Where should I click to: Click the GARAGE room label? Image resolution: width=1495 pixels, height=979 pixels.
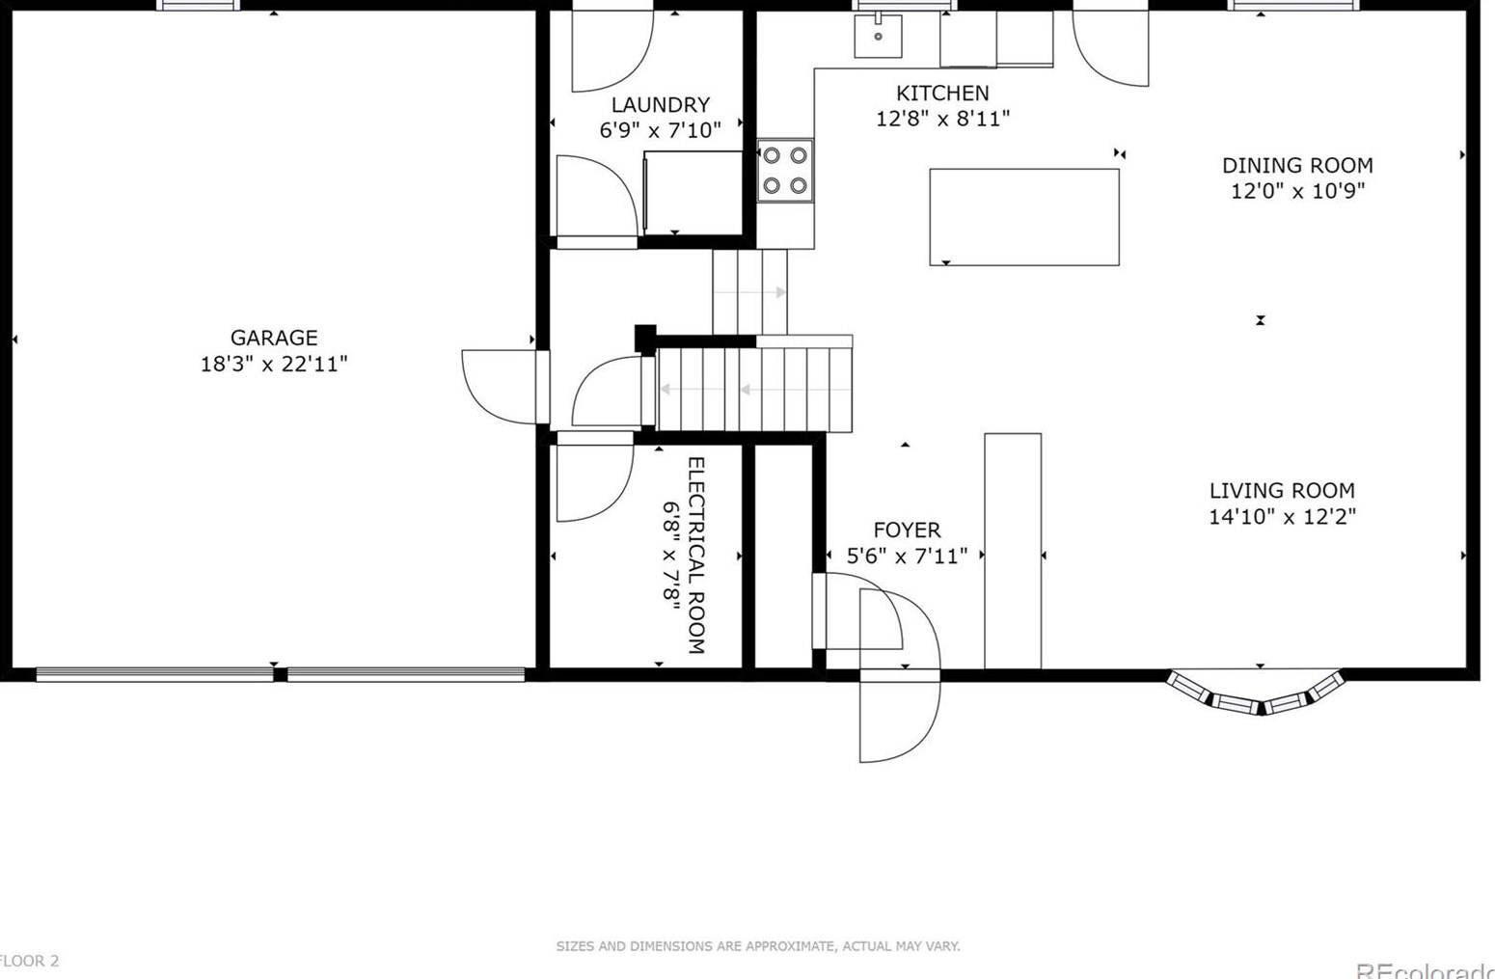[x=273, y=338]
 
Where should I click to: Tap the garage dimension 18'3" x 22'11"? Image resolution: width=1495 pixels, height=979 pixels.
[x=273, y=364]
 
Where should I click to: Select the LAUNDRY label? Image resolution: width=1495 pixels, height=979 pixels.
[x=660, y=105]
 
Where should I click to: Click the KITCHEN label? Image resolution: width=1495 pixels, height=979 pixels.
[x=942, y=93]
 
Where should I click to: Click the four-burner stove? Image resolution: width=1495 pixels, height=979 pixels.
[x=785, y=171]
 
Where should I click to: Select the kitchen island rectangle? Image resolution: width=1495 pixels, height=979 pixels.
[x=1023, y=217]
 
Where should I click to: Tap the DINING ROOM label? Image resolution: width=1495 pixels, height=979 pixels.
[x=1296, y=165]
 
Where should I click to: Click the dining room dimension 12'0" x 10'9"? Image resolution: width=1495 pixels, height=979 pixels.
[x=1296, y=191]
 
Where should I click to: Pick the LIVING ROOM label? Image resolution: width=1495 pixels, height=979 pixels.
[x=1281, y=490]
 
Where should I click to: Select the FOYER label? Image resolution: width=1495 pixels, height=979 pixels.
[x=906, y=530]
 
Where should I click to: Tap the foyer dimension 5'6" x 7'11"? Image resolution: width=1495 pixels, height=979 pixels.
[x=906, y=556]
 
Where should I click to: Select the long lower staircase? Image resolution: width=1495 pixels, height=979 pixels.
[x=754, y=390]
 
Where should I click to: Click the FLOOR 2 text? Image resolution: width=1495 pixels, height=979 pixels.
[x=29, y=961]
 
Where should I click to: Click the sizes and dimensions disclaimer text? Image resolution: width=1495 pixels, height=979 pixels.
[x=757, y=946]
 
